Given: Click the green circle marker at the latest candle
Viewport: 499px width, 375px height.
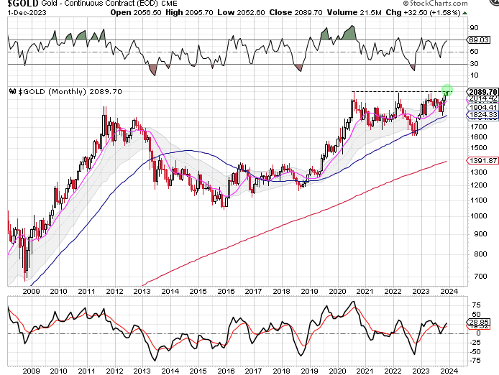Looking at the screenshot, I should pyautogui.click(x=447, y=90).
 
